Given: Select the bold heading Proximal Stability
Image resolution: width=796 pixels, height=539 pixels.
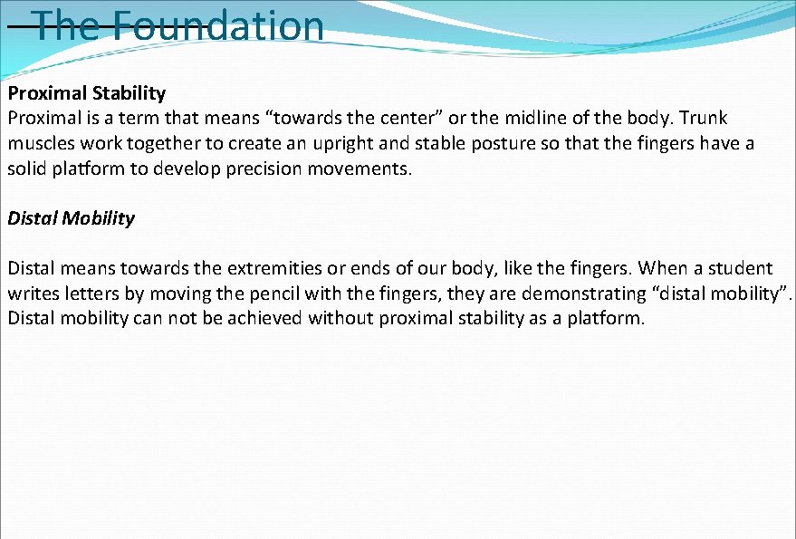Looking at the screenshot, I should [x=87, y=93].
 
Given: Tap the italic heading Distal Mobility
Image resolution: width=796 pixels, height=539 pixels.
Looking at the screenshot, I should [x=72, y=218].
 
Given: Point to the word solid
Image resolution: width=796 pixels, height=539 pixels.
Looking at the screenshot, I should [x=28, y=169].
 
